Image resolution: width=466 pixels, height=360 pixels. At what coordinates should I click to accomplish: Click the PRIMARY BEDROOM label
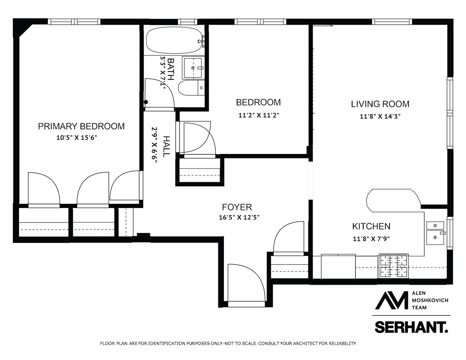[x=81, y=126]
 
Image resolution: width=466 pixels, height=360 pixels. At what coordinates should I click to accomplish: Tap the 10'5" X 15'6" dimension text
[x=77, y=137]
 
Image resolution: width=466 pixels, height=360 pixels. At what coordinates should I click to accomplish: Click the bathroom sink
[x=193, y=68]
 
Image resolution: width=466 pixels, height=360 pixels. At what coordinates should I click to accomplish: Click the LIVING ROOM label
[x=380, y=104]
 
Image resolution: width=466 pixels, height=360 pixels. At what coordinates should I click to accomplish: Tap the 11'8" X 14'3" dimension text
[x=380, y=116]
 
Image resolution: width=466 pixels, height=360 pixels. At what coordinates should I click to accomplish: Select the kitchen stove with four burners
[x=394, y=266]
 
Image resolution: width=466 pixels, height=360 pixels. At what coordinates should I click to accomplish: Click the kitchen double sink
[x=435, y=233]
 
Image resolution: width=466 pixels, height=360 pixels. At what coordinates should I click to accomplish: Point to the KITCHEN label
[x=371, y=226]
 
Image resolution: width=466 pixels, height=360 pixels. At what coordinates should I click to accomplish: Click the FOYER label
[x=237, y=207]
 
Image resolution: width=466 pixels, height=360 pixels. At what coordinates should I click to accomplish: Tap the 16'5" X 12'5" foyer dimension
[x=239, y=217]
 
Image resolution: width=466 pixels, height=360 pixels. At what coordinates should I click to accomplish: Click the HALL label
[x=166, y=146]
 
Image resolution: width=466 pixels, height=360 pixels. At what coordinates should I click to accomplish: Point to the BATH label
[x=171, y=68]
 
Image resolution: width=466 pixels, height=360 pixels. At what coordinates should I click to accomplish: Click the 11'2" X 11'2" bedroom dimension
[x=259, y=116]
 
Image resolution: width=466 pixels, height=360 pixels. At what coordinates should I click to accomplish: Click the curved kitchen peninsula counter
[x=393, y=199]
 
